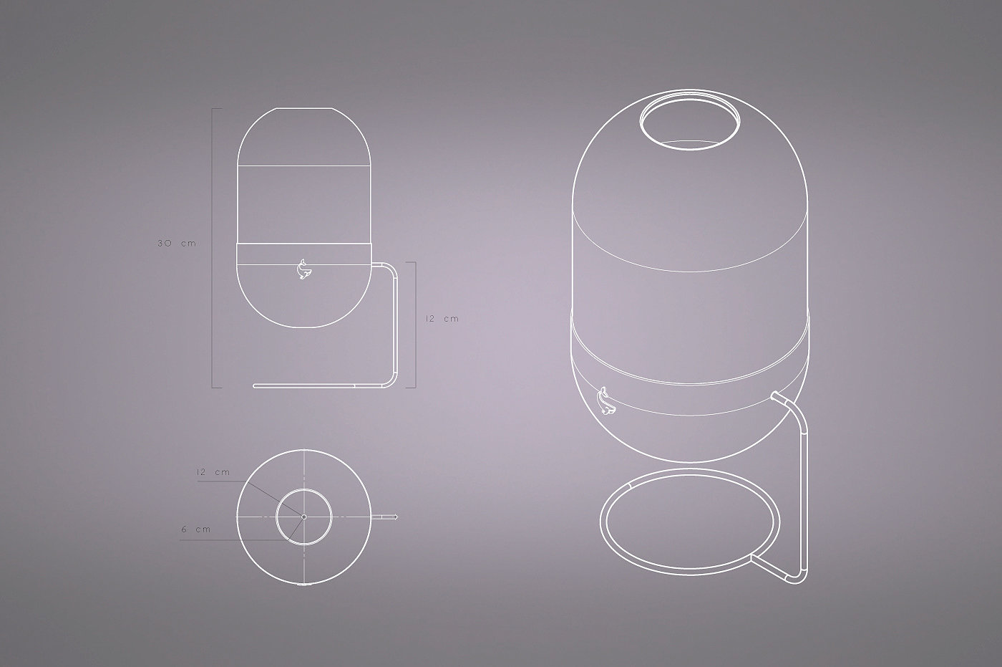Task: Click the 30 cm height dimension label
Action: pyautogui.click(x=177, y=244)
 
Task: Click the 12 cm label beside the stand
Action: pyautogui.click(x=442, y=319)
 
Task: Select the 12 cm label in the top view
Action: pyautogui.click(x=213, y=472)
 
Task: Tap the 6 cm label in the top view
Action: pyautogui.click(x=196, y=529)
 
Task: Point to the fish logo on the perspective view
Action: pyautogui.click(x=606, y=406)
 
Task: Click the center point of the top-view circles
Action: pyautogui.click(x=303, y=517)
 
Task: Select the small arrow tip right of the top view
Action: pyautogui.click(x=395, y=517)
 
